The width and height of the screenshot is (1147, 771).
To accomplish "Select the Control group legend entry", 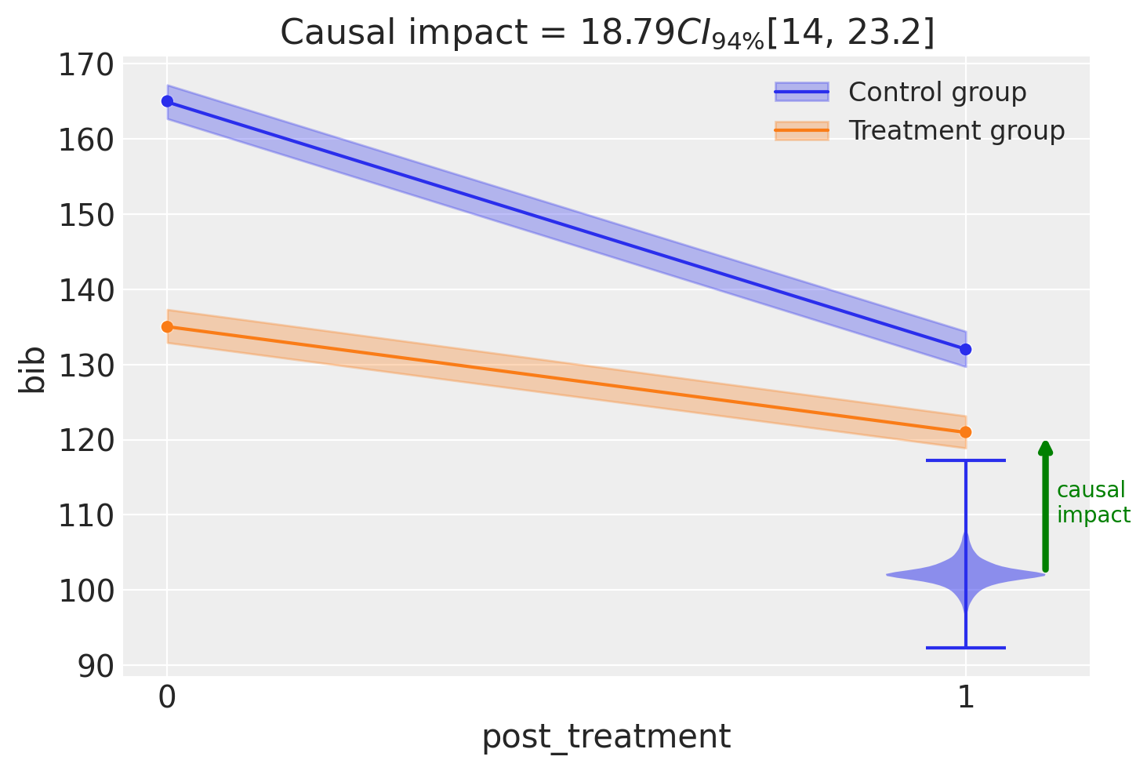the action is pos(901,93).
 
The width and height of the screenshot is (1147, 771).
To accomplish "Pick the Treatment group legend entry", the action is pos(920,131).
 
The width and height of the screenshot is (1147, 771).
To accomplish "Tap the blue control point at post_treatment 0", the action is pos(168,101).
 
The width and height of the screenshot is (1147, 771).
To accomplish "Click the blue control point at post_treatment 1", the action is pos(966,350).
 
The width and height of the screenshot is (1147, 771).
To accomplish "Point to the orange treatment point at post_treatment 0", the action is pos(168,327).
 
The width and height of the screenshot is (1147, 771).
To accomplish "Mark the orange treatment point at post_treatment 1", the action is pos(966,432).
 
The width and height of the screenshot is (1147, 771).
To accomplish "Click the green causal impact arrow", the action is pos(1046,506).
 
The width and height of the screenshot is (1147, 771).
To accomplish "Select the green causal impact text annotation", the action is pos(1093,503).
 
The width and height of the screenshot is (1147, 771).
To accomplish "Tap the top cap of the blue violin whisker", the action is pos(966,460).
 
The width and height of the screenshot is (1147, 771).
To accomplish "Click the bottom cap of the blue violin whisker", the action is pos(966,648).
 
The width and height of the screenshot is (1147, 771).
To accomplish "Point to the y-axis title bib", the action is pos(31,370).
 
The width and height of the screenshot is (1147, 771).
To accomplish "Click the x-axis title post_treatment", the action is pos(606,738).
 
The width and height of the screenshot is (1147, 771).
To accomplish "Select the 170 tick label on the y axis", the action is pos(86,66).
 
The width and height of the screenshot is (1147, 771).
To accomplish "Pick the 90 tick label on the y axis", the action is pos(96,667).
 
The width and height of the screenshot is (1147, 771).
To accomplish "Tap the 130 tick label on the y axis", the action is pos(86,366).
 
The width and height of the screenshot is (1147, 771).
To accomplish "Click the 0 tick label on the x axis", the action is pos(167,697).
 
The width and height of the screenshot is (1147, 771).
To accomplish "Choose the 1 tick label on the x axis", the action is pos(966,697).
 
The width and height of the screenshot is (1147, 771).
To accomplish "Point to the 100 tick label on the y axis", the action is pos(86,591).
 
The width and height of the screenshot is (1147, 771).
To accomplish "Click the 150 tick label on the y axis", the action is pos(86,216).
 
